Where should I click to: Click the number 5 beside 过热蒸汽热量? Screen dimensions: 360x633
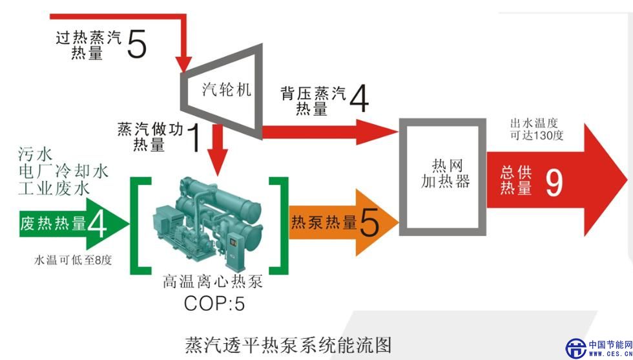coord(137,44)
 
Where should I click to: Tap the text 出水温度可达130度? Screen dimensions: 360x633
coord(537,129)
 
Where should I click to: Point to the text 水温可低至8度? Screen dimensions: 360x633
coord(73,260)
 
